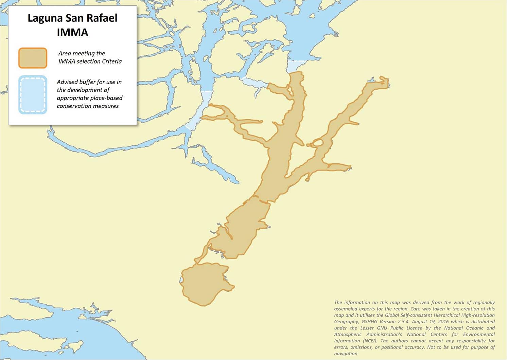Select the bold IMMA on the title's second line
(72, 32)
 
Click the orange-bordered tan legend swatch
(33, 58)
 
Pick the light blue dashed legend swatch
(33, 94)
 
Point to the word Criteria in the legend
(111, 61)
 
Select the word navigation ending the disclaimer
(346, 354)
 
